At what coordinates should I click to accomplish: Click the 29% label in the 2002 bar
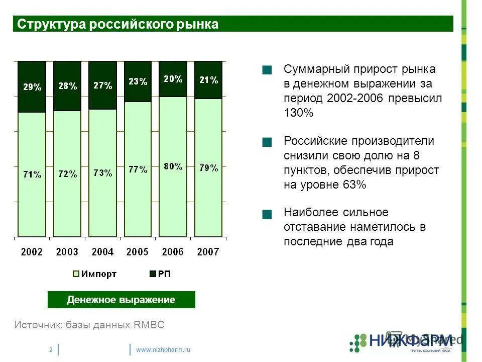tap(32, 87)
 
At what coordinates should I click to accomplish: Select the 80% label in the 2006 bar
tap(173, 166)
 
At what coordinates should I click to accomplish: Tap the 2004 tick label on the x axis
tap(102, 252)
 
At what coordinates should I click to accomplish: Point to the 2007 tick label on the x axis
tap(208, 252)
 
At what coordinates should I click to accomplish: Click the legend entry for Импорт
tap(95, 274)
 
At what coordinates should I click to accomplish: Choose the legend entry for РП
tap(160, 274)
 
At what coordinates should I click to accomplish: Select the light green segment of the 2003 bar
tap(67, 201)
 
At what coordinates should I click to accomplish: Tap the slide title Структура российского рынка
tap(118, 24)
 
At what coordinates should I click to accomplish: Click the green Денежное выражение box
tap(121, 300)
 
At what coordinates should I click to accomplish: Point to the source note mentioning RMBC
tap(89, 325)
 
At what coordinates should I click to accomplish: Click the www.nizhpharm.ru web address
tap(164, 349)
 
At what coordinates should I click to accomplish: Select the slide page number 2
tap(51, 349)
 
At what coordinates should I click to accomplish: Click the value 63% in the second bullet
tap(354, 185)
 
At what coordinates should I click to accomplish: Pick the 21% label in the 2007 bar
tap(208, 80)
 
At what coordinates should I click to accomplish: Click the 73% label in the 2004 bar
tap(102, 173)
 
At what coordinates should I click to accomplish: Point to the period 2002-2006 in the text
tap(355, 98)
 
